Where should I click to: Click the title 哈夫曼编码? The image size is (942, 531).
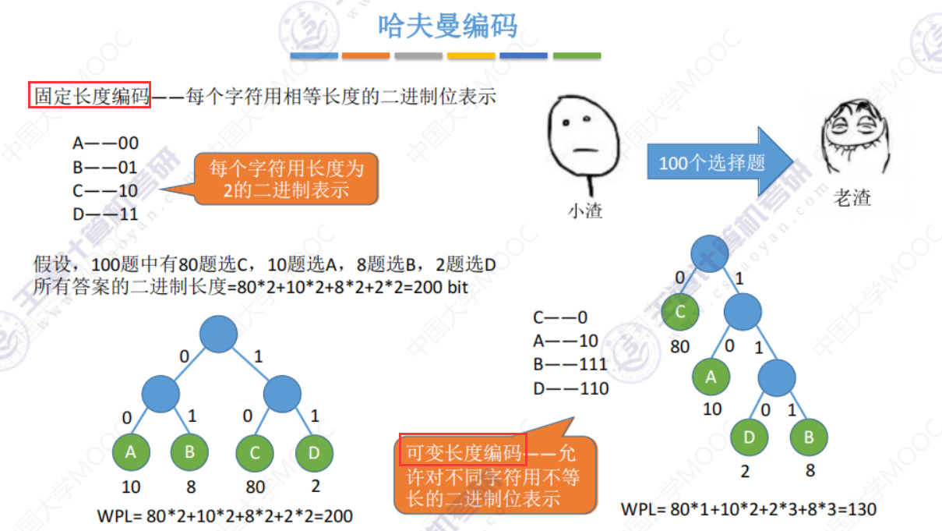tap(447, 26)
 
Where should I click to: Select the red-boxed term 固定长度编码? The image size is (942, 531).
tap(90, 97)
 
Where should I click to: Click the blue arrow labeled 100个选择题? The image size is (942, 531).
tap(717, 163)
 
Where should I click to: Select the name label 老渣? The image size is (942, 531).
tap(852, 198)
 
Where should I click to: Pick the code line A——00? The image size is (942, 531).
tap(105, 143)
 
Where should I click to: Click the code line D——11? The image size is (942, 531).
tap(105, 213)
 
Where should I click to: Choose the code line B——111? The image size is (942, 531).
tap(570, 365)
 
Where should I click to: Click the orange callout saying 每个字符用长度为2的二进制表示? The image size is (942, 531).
tap(285, 178)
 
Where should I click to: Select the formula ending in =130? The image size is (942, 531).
tap(748, 509)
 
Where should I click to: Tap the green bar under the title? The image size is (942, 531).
tap(577, 56)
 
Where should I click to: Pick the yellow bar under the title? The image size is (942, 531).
tap(471, 56)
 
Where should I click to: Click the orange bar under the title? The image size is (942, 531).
tap(366, 56)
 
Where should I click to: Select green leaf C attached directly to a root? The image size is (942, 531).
tap(680, 313)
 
